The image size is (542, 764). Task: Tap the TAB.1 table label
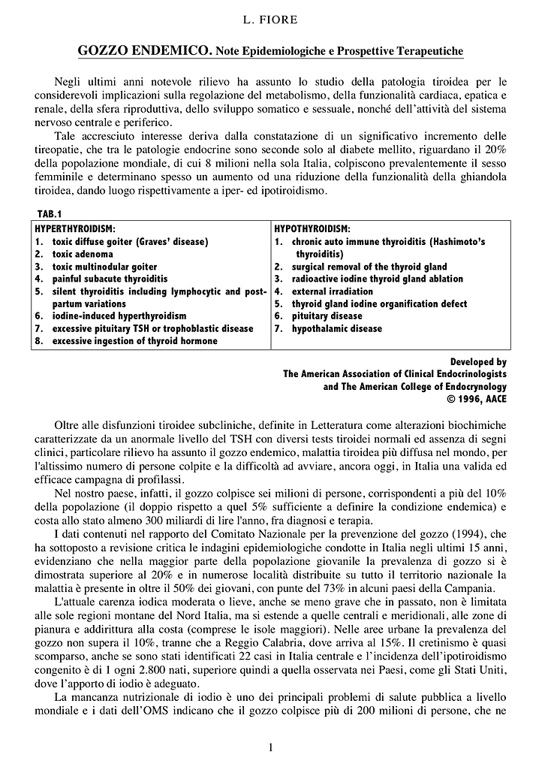coord(49,215)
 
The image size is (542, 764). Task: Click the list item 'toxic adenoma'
coord(83,254)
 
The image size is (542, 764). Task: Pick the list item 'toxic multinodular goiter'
coord(104,267)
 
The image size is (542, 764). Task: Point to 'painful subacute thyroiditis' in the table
coord(110,279)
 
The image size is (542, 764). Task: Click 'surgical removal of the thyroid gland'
coord(369,267)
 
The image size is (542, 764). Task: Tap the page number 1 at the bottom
coord(270,747)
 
